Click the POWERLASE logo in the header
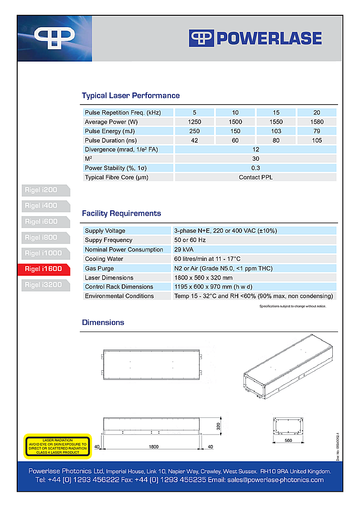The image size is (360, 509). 255,38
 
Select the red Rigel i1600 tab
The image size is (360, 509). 43,269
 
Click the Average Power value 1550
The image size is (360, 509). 276,122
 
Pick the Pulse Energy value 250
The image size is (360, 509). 194,131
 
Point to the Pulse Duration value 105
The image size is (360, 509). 317,140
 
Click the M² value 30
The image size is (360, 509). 255,159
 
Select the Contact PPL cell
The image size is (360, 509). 255,177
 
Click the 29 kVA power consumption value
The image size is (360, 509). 184,249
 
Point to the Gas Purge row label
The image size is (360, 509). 100,268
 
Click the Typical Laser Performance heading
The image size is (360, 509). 131,95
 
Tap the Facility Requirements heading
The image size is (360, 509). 121,213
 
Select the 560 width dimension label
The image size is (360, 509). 288,440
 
